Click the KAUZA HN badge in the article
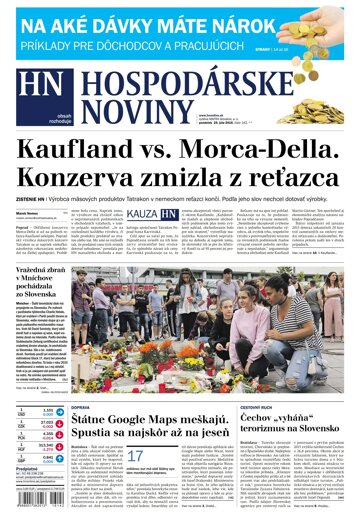[154, 243]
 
